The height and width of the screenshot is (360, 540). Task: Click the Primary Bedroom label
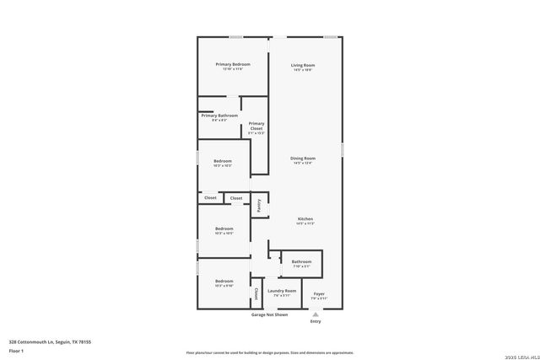pos(232,64)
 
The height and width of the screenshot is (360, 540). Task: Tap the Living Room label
pos(303,65)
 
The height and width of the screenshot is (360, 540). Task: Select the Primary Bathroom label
pos(219,115)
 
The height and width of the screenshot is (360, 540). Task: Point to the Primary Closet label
pos(256,126)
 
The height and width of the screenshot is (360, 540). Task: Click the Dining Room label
pos(303,158)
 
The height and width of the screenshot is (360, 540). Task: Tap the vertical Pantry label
pos(259,205)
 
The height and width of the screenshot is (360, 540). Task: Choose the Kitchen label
pos(305,218)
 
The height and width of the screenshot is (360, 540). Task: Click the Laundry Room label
pos(283,290)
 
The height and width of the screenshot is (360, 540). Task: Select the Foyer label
pos(318,293)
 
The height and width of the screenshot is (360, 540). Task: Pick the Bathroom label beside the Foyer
pos(301,261)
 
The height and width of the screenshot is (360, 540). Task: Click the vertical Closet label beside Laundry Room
pos(256,293)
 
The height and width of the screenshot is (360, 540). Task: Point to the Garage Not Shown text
pos(269,314)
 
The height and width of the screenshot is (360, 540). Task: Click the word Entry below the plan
pos(316,321)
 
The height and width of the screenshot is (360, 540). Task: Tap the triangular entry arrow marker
pos(316,314)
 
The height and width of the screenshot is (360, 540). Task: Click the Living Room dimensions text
pos(303,70)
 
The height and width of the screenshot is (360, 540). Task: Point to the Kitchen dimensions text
pos(305,223)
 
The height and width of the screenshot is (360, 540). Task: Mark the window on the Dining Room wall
pos(343,149)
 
